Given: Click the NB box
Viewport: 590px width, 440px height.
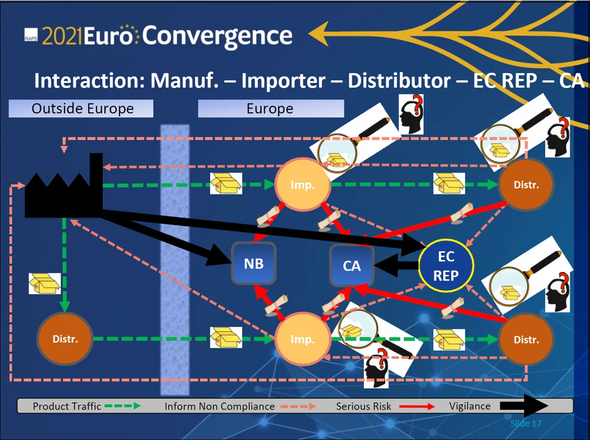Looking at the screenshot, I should click(254, 263).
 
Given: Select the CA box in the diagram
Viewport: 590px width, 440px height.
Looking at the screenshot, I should click(352, 266).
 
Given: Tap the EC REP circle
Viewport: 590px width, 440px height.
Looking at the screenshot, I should click(446, 266).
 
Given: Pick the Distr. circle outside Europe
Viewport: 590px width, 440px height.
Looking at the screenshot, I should click(65, 339).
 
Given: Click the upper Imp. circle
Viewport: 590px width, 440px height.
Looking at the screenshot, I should click(302, 185).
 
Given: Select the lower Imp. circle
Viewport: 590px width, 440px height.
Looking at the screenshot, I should click(302, 339).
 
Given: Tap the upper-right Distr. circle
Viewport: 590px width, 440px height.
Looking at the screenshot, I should click(526, 185).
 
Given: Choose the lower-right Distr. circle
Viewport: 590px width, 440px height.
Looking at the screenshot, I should click(526, 339).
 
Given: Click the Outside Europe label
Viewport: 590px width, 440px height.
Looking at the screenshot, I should click(81, 108).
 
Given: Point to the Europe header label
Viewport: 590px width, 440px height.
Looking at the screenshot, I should click(270, 108).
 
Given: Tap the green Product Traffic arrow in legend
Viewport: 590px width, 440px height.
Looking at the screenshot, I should click(122, 406).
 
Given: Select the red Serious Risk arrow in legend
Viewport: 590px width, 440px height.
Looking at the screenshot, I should click(417, 406).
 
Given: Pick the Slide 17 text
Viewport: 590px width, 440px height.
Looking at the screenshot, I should click(526, 424).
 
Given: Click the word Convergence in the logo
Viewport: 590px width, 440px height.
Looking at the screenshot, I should click(217, 36).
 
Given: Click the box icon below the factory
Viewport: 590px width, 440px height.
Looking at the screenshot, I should click(44, 283).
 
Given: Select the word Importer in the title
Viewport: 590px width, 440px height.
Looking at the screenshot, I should click(283, 80).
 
